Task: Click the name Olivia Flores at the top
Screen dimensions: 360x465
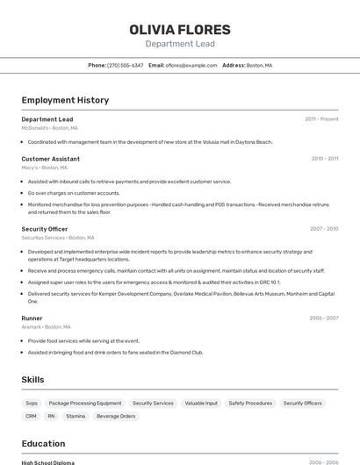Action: coord(180,29)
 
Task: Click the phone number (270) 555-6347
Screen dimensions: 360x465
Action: coord(125,65)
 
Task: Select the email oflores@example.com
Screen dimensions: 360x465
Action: coord(191,65)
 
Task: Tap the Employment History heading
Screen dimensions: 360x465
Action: coord(65,100)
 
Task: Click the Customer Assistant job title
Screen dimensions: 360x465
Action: coord(50,159)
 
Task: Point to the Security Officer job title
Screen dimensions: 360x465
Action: coord(45,229)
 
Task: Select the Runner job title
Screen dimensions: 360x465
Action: coord(32,318)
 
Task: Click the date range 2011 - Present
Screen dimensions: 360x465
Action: coord(321,119)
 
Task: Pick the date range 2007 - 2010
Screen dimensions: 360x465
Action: coord(324,229)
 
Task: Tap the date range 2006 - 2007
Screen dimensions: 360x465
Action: coord(324,318)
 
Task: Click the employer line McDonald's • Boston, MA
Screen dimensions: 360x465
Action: coord(49,128)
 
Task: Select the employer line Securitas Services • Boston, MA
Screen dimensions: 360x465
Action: coord(58,238)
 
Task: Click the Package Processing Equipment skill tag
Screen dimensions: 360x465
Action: coord(85,403)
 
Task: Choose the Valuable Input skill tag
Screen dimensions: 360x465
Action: coord(201,403)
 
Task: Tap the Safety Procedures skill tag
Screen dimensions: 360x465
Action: coord(250,403)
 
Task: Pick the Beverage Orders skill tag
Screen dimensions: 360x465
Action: coord(116,416)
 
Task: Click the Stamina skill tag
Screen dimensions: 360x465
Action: coord(76,416)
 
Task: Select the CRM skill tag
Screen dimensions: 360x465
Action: coord(32,416)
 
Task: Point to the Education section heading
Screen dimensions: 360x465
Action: coord(43,444)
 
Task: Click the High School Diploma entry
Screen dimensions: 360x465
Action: coord(47,462)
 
